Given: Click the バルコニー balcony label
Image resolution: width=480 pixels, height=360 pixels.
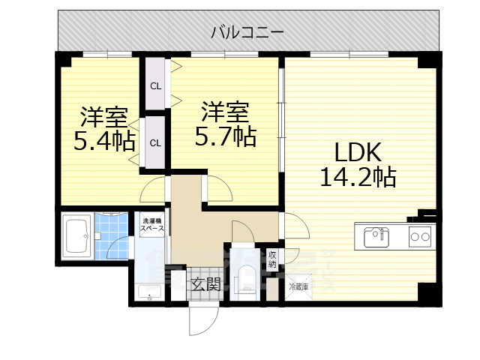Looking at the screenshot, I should [247, 31].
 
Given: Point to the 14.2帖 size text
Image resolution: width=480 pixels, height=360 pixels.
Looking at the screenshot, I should [358, 177].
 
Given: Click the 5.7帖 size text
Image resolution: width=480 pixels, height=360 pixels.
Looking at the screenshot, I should [225, 136].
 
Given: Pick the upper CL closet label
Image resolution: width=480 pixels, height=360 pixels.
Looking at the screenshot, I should [155, 85].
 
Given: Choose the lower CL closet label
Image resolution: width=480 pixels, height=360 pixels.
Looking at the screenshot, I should [155, 142].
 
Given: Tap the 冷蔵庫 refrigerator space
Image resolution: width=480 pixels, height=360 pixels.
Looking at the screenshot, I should [296, 286].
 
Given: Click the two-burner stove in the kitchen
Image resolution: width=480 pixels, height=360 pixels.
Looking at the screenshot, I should [419, 238].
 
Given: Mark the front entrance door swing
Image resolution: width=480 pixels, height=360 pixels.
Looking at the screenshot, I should [201, 319].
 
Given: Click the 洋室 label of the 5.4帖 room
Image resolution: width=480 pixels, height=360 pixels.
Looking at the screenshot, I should [103, 117].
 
